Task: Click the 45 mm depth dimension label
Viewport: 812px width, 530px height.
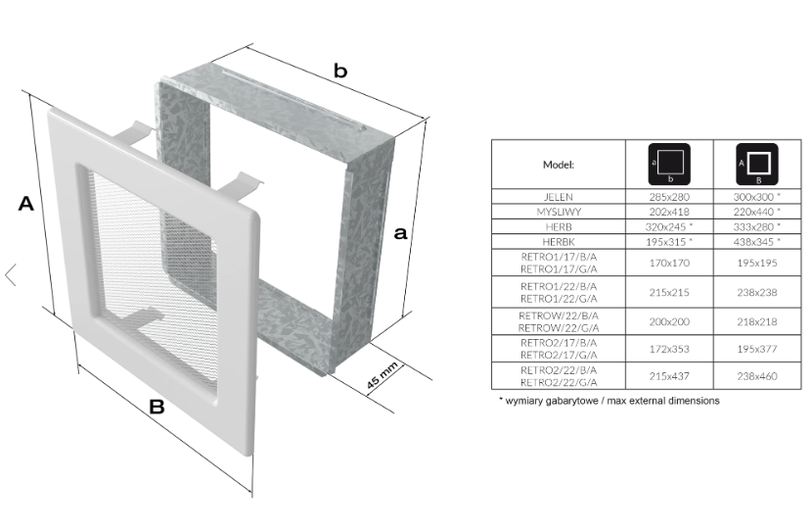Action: coord(383,375)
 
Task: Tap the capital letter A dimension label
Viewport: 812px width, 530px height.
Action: coord(25,204)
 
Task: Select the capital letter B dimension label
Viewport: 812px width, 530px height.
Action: coord(157,407)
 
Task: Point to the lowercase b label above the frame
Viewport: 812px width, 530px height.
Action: coord(340,71)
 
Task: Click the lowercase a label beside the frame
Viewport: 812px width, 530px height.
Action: coord(400,233)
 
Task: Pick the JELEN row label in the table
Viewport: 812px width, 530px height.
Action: coord(559,197)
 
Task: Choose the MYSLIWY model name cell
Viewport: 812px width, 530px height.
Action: coord(559,212)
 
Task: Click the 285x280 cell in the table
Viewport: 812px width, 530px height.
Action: coord(669,197)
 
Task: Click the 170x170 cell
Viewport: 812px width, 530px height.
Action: coord(669,263)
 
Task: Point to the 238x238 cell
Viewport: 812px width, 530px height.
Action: coord(757,293)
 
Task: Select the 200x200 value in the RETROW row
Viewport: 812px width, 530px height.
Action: coord(669,322)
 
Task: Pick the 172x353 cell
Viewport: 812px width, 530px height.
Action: coord(669,349)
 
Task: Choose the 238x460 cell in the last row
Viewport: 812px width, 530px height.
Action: coord(757,376)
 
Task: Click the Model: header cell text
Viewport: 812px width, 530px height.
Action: coord(559,165)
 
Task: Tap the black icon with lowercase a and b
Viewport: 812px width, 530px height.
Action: coord(669,164)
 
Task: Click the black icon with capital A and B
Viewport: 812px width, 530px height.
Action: coord(757,164)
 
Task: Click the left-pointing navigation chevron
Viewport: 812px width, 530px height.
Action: coord(11,274)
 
